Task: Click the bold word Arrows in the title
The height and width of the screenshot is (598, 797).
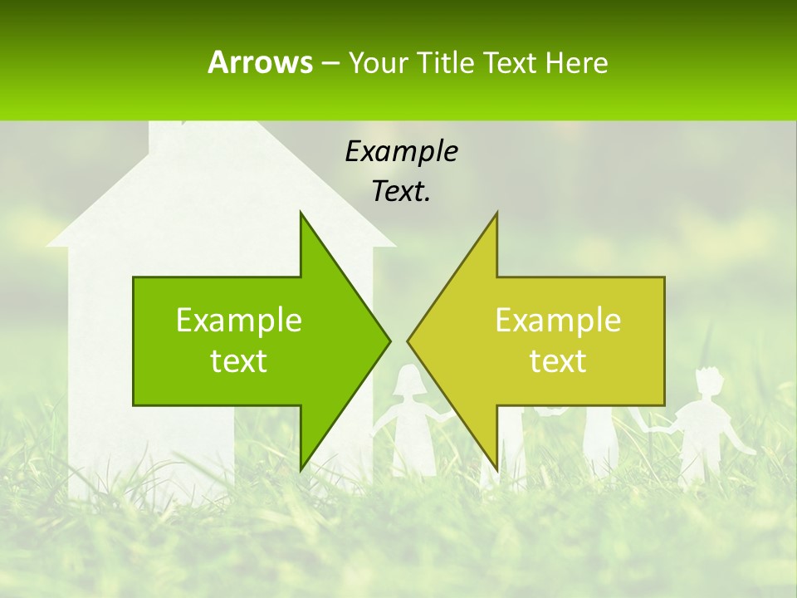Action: [260, 62]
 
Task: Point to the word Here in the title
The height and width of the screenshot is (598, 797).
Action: [576, 63]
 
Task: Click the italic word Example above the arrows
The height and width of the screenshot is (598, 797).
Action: [401, 151]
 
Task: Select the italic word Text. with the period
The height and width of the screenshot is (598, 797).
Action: [401, 191]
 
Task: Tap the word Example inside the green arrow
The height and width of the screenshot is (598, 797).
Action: [239, 320]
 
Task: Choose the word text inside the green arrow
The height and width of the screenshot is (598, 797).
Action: [239, 360]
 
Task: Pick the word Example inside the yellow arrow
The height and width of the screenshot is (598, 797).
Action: [558, 320]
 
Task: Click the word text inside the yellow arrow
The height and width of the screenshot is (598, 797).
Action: [558, 360]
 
